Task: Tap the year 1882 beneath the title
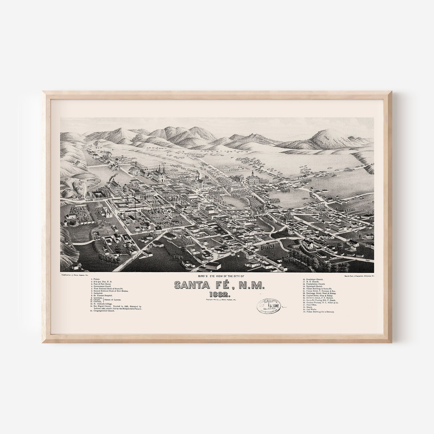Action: click(x=217, y=294)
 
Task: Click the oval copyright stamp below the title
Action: click(x=269, y=307)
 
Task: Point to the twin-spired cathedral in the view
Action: click(x=158, y=174)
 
